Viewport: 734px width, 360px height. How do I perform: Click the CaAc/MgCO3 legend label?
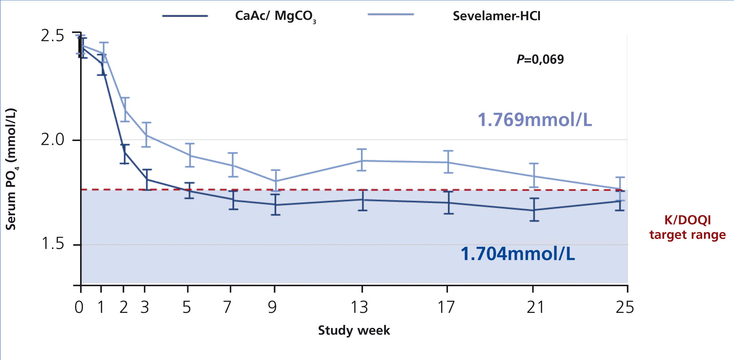pos(275,16)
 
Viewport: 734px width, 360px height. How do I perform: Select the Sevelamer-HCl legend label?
pos(496,16)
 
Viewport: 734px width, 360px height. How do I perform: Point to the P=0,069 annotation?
pos(540,59)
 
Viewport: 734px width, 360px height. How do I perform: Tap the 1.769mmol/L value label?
pos(535,120)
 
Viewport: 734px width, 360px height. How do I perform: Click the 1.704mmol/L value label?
pos(518,254)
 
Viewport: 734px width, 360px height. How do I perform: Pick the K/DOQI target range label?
pos(688,227)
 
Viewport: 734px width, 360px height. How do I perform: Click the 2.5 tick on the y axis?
pos(52,35)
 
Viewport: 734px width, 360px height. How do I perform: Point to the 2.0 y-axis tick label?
pos(52,140)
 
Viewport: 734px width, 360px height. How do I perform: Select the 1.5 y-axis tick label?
pos(52,244)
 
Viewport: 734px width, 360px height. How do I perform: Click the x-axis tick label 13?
pos(359,307)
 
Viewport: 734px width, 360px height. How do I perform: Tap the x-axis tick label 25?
pos(624,307)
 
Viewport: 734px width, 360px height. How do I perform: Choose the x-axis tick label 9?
pos(273,307)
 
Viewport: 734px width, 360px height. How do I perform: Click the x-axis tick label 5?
pos(187,307)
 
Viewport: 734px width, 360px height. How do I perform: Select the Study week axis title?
pos(354,330)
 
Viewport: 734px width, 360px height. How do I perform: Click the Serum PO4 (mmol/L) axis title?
pos(11,169)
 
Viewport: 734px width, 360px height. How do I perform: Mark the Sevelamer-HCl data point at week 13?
pos(362,160)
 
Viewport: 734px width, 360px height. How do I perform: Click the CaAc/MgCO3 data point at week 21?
pos(534,210)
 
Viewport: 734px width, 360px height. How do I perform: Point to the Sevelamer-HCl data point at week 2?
pos(124,110)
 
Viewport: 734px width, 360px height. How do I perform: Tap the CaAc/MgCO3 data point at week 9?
pos(275,205)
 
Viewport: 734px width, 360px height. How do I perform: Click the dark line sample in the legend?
pos(185,16)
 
